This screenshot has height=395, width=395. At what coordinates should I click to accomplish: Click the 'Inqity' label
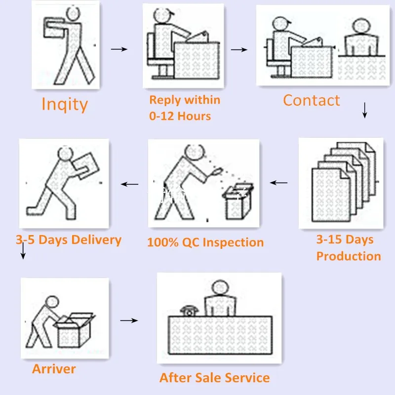(x=65, y=104)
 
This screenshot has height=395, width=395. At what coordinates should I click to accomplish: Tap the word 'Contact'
(x=312, y=100)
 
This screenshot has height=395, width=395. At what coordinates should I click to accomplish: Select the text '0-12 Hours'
(x=180, y=116)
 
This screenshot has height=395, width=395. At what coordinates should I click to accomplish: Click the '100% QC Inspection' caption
(x=205, y=242)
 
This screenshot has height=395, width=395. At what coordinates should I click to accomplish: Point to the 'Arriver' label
(x=54, y=369)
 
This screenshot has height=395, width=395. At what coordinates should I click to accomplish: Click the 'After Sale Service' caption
(x=215, y=378)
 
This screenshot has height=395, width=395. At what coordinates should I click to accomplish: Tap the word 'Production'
(x=349, y=256)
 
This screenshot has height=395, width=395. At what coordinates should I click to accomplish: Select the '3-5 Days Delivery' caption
(x=69, y=239)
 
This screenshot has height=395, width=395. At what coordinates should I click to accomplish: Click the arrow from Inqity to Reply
(x=119, y=49)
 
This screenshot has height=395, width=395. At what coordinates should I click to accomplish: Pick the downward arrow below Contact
(x=364, y=110)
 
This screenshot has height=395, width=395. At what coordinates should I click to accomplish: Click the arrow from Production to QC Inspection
(x=278, y=183)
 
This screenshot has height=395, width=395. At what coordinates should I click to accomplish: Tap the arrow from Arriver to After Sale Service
(x=129, y=320)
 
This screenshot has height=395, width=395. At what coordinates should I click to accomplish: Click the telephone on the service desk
(x=189, y=311)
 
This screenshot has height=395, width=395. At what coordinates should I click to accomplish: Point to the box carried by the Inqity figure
(x=53, y=28)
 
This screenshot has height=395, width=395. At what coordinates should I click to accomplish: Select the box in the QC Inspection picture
(x=238, y=201)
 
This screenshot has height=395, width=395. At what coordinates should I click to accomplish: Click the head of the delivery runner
(x=65, y=154)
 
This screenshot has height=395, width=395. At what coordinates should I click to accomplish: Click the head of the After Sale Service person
(x=220, y=288)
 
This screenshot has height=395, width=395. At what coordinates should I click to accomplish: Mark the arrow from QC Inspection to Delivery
(x=129, y=184)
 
